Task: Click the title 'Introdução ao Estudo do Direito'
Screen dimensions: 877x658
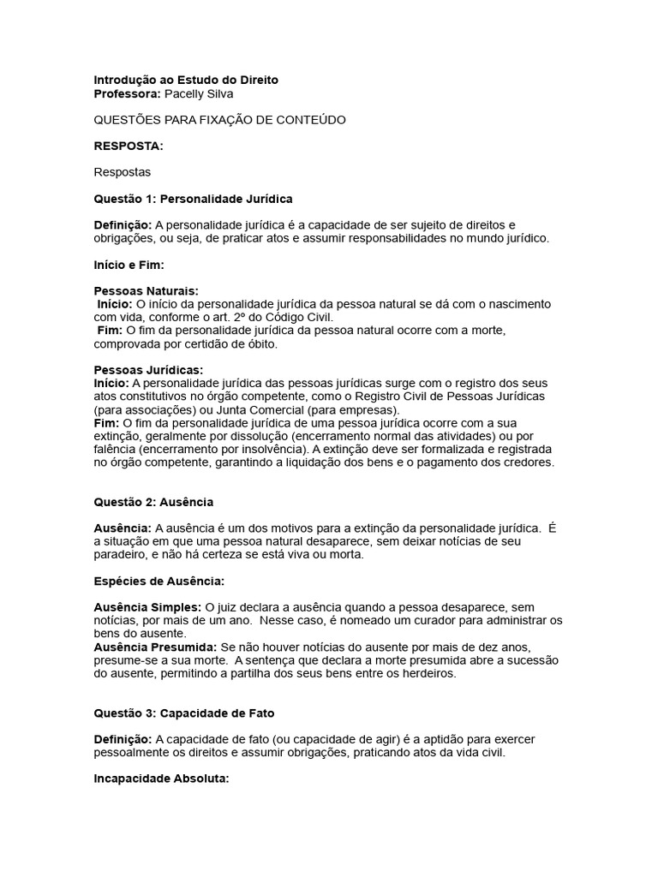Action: pyautogui.click(x=185, y=80)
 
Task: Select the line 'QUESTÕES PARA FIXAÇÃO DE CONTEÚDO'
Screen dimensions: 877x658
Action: pyautogui.click(x=219, y=120)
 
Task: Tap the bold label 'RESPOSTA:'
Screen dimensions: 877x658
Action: pyautogui.click(x=128, y=146)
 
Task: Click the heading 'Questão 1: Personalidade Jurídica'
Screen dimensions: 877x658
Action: pyautogui.click(x=193, y=199)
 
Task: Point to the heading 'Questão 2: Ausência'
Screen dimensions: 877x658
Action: pyautogui.click(x=153, y=501)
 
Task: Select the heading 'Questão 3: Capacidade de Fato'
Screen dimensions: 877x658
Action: pyautogui.click(x=184, y=713)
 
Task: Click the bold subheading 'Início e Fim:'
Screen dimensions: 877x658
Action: pyautogui.click(x=129, y=265)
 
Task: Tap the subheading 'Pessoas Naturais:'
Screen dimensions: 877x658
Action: pyautogui.click(x=146, y=291)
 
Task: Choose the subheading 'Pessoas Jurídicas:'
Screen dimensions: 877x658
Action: pyautogui.click(x=148, y=370)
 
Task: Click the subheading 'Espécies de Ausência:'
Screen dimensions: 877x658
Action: pyautogui.click(x=159, y=581)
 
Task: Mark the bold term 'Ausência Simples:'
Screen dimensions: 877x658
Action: pyautogui.click(x=147, y=606)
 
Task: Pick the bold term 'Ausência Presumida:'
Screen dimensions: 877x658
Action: pyautogui.click(x=155, y=647)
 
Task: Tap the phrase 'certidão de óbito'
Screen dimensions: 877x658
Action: pyautogui.click(x=233, y=343)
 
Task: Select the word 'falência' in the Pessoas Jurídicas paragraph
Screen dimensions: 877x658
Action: pyautogui.click(x=115, y=449)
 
